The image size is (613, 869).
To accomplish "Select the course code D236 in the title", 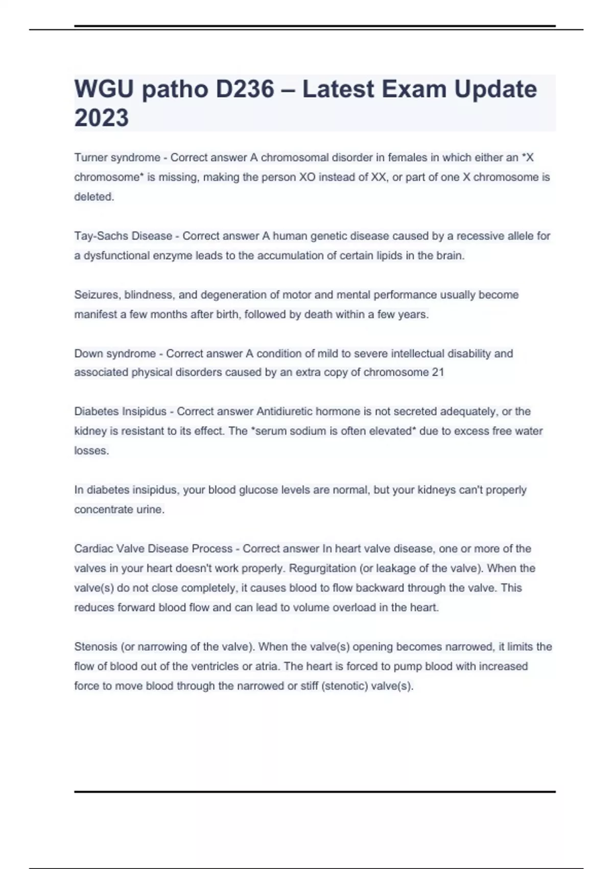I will [x=245, y=89].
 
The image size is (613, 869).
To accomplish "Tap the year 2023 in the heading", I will [x=102, y=118].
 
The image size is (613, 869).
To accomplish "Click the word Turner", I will [x=91, y=157].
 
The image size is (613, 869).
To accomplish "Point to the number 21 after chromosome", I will [x=438, y=373].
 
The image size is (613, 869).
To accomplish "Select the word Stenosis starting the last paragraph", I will [x=96, y=647].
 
